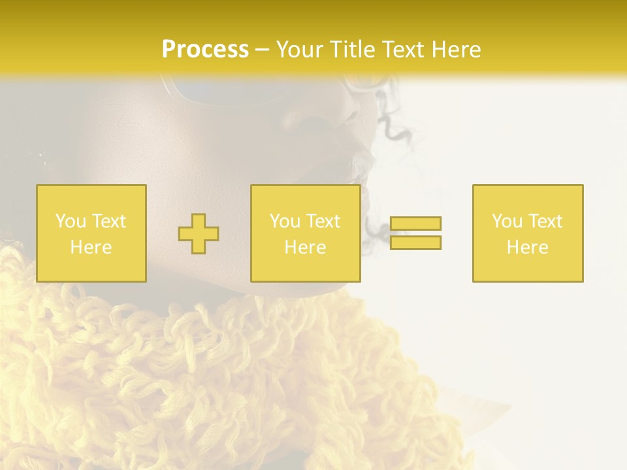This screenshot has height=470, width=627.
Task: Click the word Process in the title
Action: click(205, 50)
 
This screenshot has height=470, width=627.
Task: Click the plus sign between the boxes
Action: click(199, 233)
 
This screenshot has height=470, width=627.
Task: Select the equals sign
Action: click(415, 233)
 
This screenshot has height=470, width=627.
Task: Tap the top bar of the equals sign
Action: click(415, 223)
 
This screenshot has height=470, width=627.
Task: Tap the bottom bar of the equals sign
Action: click(415, 243)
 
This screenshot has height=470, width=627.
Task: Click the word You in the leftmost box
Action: click(71, 221)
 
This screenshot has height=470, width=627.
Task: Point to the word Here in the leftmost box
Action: click(91, 247)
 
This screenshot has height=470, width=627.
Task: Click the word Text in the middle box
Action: click(323, 221)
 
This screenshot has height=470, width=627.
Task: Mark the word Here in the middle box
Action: click(306, 247)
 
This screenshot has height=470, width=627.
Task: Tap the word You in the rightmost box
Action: click(507, 221)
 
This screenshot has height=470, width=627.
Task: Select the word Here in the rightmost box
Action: click(528, 247)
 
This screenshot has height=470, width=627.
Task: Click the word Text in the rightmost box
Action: click(545, 221)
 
